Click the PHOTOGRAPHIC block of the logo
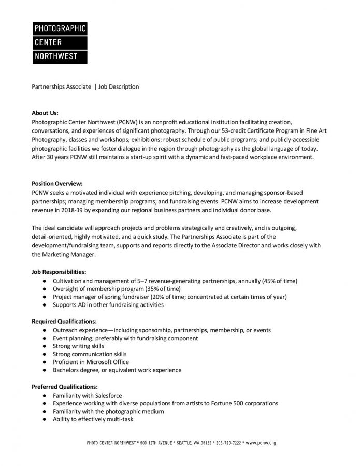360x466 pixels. click(60, 28)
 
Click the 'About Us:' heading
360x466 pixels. click(45, 113)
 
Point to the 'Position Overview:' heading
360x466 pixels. click(57, 184)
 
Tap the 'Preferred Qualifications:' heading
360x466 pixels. click(64, 387)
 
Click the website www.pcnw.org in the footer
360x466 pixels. click(261, 443)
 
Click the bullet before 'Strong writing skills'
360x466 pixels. click(47, 346)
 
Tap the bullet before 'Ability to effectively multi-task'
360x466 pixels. click(47, 419)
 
